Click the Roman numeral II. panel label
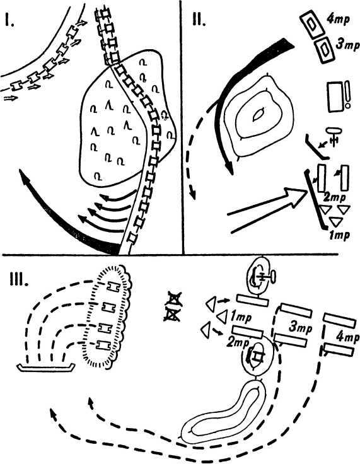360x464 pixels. pyautogui.click(x=199, y=20)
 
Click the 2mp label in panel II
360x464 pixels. pyautogui.click(x=334, y=197)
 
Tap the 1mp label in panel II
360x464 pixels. pyautogui.click(x=340, y=235)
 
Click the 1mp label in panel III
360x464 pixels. pyautogui.click(x=241, y=317)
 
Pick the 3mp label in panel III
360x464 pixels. pyautogui.click(x=301, y=328)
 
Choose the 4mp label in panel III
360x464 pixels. pyautogui.click(x=348, y=337)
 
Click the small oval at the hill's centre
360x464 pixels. pyautogui.click(x=258, y=115)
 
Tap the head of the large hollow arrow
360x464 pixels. pyautogui.click(x=296, y=196)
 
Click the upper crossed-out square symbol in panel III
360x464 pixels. pyautogui.click(x=174, y=299)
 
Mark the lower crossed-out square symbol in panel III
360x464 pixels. pyautogui.click(x=172, y=315)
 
